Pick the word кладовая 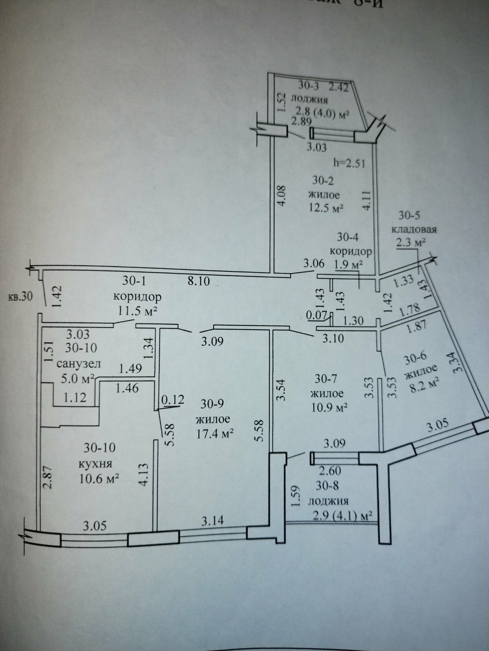click(x=414, y=229)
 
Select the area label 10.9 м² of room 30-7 click(x=328, y=407)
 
